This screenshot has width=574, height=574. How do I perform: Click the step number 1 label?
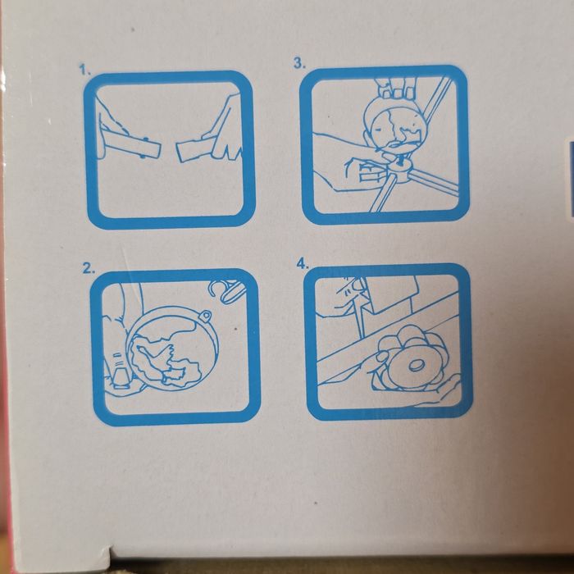(85, 70)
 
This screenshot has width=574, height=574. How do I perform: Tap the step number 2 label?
(89, 269)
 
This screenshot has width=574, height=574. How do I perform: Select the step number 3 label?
(300, 63)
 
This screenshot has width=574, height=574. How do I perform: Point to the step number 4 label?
(303, 263)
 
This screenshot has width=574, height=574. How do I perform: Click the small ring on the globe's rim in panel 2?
(205, 316)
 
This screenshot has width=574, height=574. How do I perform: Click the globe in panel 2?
(172, 348)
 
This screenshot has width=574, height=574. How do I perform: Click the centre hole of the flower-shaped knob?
(415, 365)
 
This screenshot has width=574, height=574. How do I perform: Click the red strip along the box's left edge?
(7, 330)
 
